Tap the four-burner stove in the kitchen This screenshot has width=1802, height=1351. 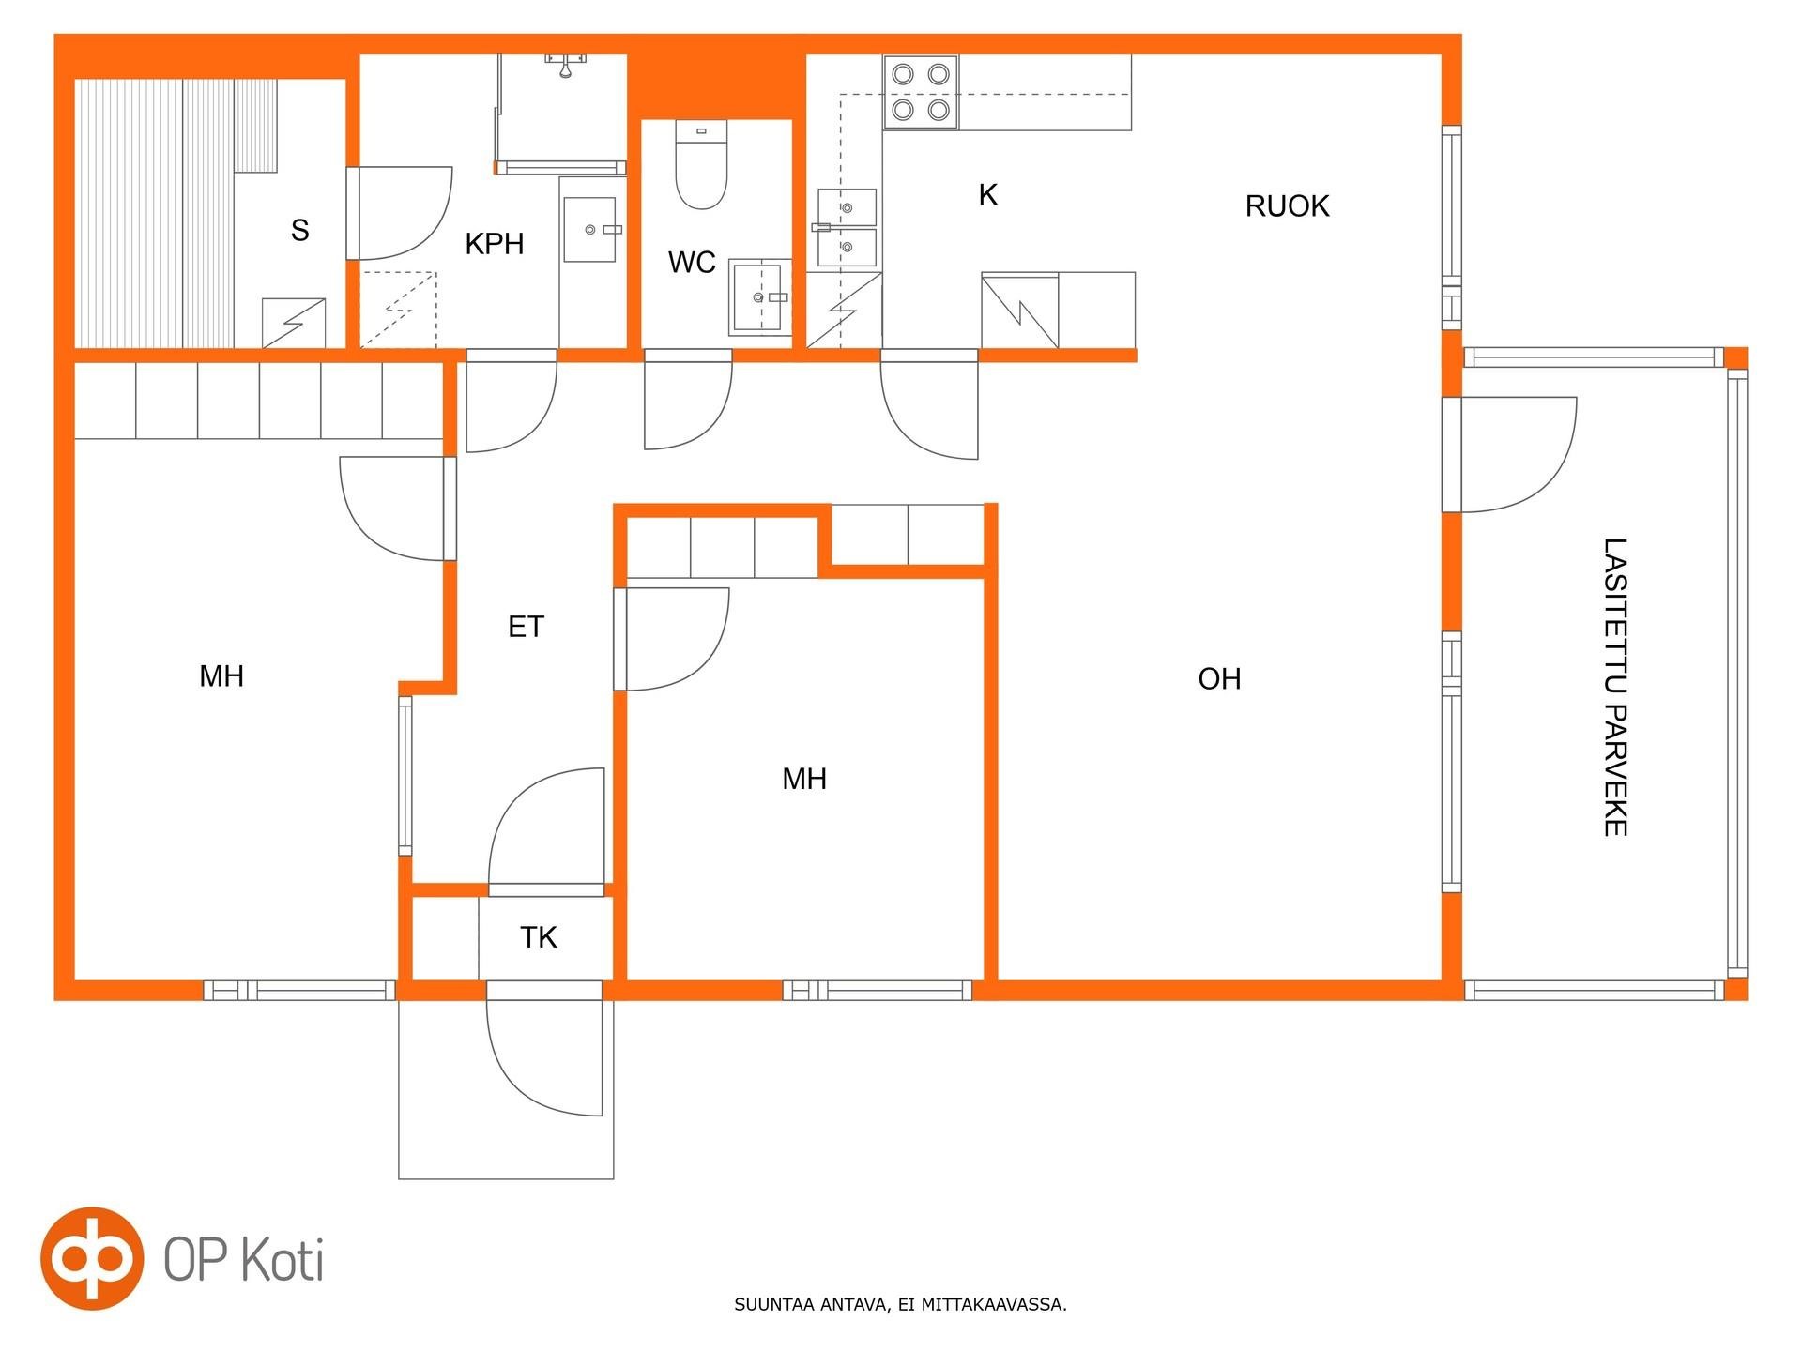coord(921,92)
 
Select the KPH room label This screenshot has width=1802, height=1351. coord(495,244)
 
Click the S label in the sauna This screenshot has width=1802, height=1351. coord(300,230)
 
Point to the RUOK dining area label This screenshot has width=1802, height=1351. coord(1287,206)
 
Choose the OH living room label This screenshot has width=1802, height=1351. coord(1219,679)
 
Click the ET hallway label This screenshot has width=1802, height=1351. coord(526,627)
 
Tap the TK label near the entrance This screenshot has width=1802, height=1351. coord(539,937)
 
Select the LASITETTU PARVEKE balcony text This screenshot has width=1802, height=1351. coord(1614,687)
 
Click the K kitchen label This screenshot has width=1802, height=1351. coord(987,195)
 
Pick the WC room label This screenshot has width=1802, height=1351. coord(692,263)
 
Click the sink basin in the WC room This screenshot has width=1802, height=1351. coord(759,297)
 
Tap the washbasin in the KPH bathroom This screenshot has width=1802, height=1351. coord(589,229)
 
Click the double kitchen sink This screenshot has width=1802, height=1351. coord(847,228)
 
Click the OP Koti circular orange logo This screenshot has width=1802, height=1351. coord(92,1258)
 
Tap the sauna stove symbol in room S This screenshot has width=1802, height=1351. coord(294,323)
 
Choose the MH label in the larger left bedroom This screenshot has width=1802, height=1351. coord(221,676)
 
